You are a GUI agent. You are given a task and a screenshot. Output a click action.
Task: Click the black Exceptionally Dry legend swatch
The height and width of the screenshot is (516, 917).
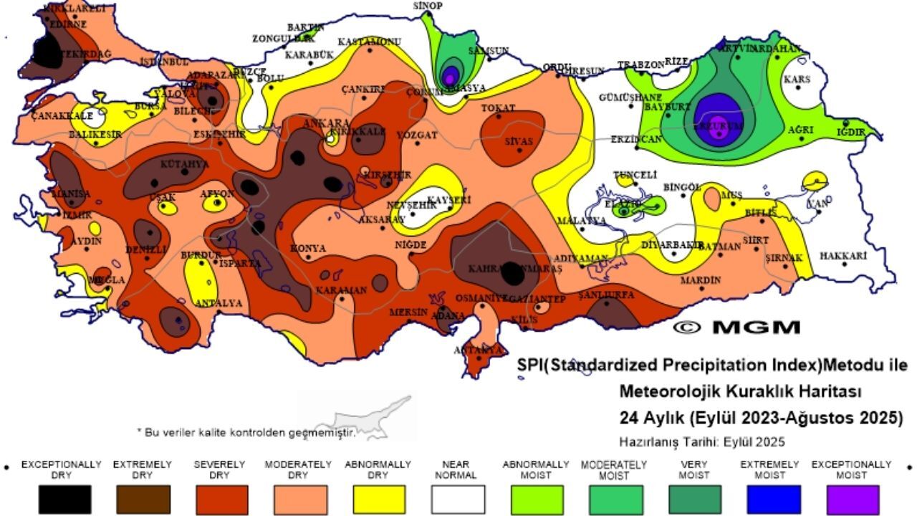(x=64, y=499)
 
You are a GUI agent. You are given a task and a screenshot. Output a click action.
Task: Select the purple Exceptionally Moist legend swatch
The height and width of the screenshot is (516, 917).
(x=852, y=499)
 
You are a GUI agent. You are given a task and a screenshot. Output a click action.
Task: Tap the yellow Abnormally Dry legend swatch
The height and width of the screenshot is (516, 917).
(x=379, y=499)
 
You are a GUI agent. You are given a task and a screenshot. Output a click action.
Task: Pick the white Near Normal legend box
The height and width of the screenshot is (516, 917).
(x=458, y=499)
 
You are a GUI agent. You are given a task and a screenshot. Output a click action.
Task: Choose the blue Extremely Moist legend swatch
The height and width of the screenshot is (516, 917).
(x=774, y=499)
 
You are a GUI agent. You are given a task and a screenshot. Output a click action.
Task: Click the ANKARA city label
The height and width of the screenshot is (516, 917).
(x=326, y=123)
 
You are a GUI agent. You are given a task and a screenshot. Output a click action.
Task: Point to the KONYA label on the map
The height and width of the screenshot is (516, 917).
(x=308, y=249)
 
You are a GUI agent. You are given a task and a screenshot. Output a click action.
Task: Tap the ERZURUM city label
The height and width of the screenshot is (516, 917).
(x=720, y=123)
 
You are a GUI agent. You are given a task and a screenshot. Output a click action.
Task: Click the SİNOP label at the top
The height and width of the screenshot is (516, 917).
(x=428, y=6)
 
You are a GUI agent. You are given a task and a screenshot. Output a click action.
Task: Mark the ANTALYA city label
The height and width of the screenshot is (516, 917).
(x=219, y=303)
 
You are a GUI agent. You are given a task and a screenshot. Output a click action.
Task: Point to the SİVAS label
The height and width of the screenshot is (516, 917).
(x=519, y=141)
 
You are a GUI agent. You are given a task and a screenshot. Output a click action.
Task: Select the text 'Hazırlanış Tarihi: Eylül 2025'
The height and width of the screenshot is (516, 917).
(x=701, y=441)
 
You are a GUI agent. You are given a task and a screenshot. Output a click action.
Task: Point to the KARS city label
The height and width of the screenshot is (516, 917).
(x=797, y=80)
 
